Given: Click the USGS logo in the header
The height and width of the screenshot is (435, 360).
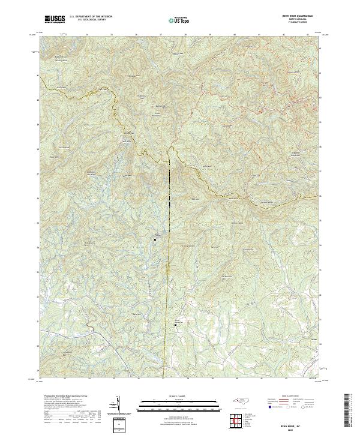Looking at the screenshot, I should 55,19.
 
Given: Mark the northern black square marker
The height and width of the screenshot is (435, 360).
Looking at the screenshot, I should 155,239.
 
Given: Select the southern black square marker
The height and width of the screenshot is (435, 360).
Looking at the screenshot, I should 176,325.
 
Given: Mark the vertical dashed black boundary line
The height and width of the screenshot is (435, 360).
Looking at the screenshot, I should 169,180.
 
